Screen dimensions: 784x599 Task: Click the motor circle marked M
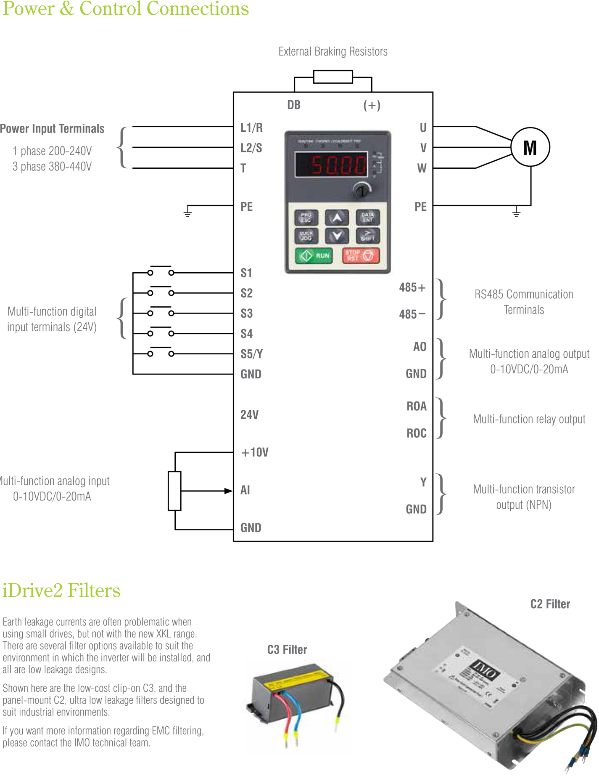(530, 147)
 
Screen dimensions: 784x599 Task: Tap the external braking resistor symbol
(332, 77)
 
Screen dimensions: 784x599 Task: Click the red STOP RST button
(361, 255)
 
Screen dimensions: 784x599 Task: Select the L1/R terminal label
(251, 128)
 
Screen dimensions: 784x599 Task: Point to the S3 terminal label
(246, 314)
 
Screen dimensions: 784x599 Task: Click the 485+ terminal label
(412, 287)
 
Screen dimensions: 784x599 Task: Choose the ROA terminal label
(416, 406)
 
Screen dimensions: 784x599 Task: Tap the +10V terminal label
(255, 452)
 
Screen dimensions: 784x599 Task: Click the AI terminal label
(245, 490)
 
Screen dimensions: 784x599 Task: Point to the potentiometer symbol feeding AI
(174, 491)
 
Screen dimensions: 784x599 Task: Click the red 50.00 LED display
(331, 164)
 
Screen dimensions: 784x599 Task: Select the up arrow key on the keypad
(337, 218)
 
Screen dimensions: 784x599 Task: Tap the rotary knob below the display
(362, 190)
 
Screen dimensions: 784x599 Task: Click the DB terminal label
(294, 105)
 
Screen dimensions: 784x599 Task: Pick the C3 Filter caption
(287, 650)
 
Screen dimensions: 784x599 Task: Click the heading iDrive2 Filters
(61, 590)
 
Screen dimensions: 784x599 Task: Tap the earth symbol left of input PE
(187, 212)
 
